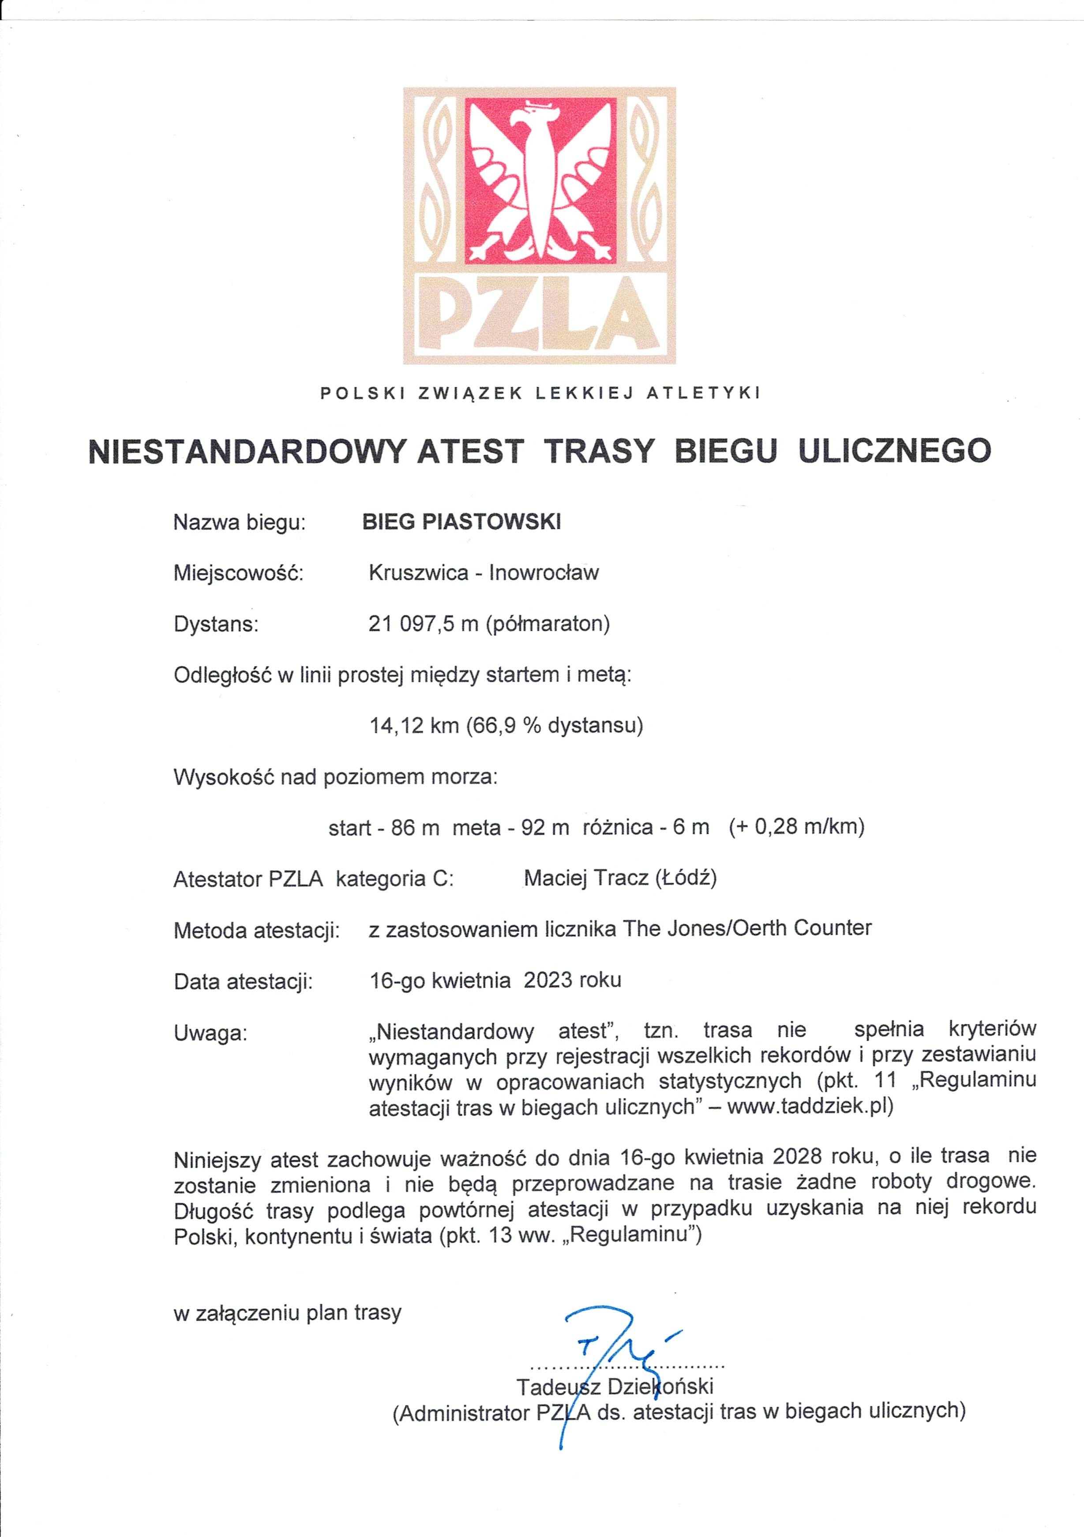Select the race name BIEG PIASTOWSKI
tap(461, 522)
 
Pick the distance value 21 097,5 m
tap(423, 624)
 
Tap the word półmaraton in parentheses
tap(548, 624)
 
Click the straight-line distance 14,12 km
tap(414, 726)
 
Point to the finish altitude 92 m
tap(545, 828)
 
